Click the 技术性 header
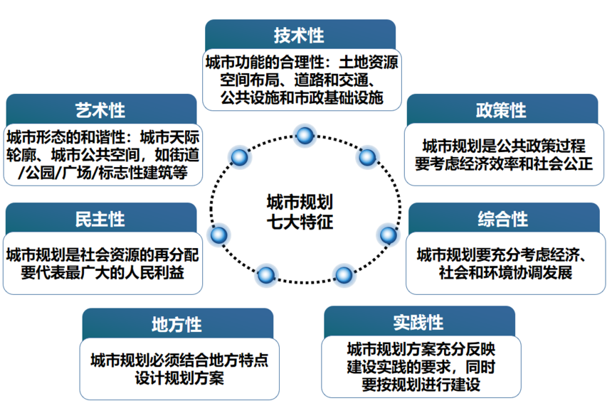pos(300,35)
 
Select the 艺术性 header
pos(100,110)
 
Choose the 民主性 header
pos(100,218)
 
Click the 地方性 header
pos(176,325)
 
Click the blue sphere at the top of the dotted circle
pos(305,135)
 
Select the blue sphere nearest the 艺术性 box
pos(239,157)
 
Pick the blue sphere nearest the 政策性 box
pos(366,157)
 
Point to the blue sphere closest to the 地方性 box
pos(265,274)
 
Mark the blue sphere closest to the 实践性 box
pos(343,274)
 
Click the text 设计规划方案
pos(179,377)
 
